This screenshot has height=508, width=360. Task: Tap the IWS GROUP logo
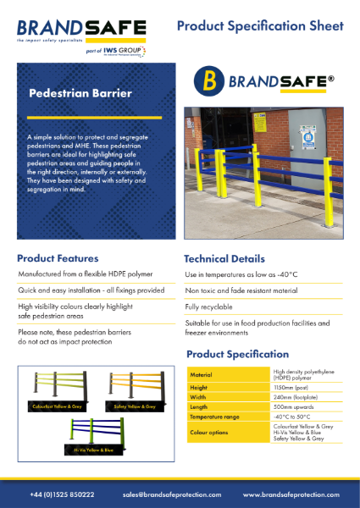pos(130,53)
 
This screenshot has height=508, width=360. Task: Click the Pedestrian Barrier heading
pos(80,93)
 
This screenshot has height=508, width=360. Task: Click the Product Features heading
pos(67,257)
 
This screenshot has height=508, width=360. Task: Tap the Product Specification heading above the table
pos(237,354)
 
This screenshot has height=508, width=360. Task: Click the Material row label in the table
pos(203,373)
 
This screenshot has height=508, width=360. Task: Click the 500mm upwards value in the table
pos(291,406)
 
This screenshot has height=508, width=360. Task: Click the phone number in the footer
pos(62,494)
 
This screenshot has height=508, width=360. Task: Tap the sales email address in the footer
pos(171,494)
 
